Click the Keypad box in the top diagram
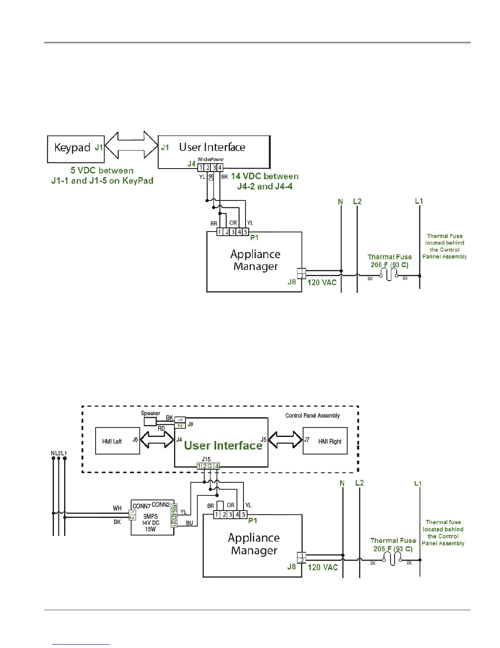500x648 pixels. (x=76, y=149)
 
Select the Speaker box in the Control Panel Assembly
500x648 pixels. (x=150, y=421)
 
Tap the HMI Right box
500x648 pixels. (x=325, y=441)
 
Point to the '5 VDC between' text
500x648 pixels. (x=102, y=171)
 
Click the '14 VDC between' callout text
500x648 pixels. (x=265, y=176)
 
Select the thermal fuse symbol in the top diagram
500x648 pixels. (x=389, y=276)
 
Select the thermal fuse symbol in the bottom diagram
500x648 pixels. (x=393, y=560)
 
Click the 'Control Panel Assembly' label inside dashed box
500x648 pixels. (x=312, y=416)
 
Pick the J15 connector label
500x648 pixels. (x=206, y=459)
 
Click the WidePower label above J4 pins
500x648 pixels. (x=211, y=159)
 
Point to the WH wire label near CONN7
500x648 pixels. (x=117, y=508)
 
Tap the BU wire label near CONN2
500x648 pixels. (x=190, y=523)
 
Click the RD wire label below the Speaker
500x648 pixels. (x=161, y=428)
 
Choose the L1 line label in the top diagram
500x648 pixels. (x=419, y=201)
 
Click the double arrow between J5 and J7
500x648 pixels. (x=285, y=440)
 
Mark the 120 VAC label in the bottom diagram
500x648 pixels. (x=323, y=567)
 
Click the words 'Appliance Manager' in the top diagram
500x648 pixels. (x=255, y=260)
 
